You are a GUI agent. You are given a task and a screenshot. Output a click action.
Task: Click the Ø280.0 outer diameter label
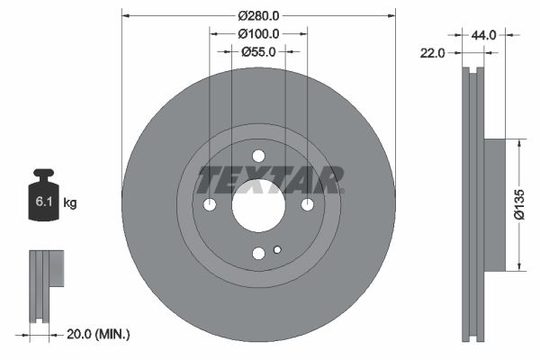[258, 14]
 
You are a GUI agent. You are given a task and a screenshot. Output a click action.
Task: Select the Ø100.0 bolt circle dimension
[258, 33]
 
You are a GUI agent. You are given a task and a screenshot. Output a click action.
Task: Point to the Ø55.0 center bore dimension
[258, 52]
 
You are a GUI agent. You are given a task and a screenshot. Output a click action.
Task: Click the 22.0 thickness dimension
[434, 54]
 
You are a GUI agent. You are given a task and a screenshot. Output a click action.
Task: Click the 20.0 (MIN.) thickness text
[99, 334]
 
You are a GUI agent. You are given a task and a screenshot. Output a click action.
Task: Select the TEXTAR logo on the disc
[270, 180]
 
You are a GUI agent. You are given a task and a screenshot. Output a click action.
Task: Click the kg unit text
[70, 203]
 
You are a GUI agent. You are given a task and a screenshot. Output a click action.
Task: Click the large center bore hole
[258, 205]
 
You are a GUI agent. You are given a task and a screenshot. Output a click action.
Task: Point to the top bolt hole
[258, 156]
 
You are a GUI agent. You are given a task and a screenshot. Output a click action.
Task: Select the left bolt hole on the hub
[210, 205]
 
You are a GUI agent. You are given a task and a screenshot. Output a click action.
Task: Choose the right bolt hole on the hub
[307, 205]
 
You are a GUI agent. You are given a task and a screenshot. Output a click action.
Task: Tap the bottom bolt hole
[258, 254]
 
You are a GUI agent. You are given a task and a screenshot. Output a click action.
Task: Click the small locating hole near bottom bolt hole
[277, 250]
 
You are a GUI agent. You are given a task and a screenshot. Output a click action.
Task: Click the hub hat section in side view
[495, 205]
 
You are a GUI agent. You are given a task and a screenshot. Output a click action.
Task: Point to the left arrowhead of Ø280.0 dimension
[125, 14]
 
